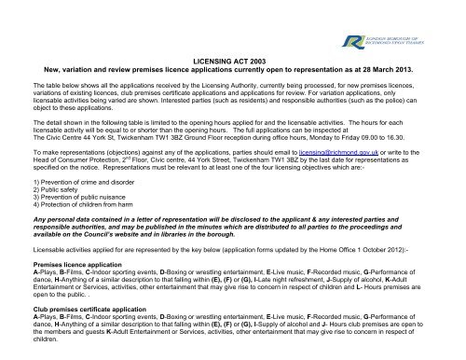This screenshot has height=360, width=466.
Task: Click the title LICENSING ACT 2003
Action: point(233,59)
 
